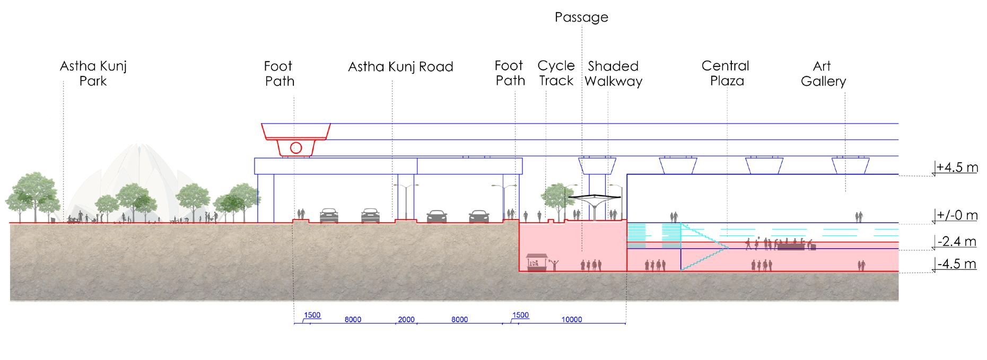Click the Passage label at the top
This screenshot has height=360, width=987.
tap(581, 17)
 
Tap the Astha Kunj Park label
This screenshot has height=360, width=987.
tap(93, 74)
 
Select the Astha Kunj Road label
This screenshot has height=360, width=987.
tap(400, 67)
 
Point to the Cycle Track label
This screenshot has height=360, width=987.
tap(556, 73)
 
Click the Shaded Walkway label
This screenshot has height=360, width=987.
tap(614, 74)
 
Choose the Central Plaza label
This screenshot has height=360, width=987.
tap(725, 73)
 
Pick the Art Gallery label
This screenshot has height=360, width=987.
tap(823, 74)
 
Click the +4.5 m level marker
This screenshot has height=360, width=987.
tap(957, 168)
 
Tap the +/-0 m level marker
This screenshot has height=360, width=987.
tap(957, 216)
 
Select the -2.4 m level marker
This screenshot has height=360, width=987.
tap(957, 242)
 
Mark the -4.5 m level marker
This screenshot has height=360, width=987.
tap(957, 264)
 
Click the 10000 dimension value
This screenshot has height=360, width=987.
tap(572, 319)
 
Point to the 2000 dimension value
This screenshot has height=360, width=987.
tap(406, 319)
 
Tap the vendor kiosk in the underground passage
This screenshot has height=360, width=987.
tap(537, 262)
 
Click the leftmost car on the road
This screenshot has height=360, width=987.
tap(329, 215)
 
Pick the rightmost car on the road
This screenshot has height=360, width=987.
tap(479, 216)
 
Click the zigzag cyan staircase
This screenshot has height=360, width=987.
tap(703, 247)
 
